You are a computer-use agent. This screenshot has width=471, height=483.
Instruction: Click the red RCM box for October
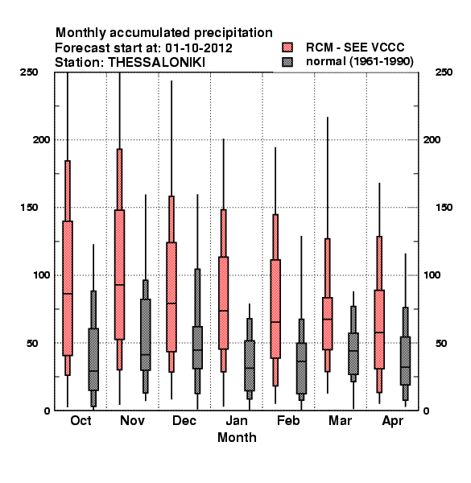point(68,288)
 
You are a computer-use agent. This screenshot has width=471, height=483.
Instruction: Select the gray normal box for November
point(146,335)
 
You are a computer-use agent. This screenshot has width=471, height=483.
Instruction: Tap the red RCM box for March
point(328,324)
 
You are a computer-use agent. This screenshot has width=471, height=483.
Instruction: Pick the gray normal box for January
point(250,365)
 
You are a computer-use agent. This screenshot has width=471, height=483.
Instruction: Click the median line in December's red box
point(171,303)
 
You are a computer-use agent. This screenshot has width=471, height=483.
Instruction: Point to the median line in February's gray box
point(302,361)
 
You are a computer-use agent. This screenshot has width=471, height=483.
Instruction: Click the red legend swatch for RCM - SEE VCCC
point(287,47)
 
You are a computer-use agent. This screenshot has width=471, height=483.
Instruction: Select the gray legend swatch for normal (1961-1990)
point(287,62)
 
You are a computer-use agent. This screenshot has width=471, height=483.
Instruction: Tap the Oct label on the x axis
point(81,420)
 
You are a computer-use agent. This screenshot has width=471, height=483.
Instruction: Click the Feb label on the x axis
point(288,420)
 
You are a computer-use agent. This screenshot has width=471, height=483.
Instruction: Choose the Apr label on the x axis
point(392,421)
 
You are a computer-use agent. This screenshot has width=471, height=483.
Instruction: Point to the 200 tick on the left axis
point(42,140)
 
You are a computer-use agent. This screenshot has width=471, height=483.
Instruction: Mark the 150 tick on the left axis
point(29,208)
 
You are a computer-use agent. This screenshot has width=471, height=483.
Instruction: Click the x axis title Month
point(237,437)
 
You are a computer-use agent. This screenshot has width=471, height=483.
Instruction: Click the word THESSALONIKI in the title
point(156,63)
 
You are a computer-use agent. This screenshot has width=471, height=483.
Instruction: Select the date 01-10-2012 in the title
point(199,48)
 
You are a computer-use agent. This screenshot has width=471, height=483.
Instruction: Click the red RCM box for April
point(379,329)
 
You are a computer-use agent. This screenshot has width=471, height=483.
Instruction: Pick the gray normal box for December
point(197,348)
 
